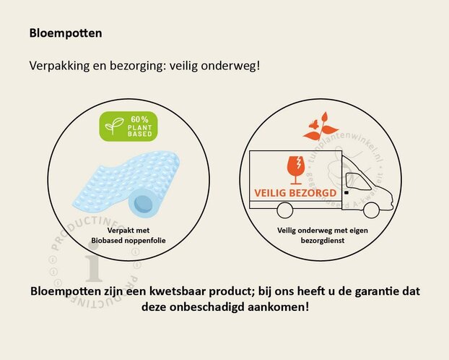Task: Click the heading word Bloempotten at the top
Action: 66,33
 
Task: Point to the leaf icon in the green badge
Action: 115,127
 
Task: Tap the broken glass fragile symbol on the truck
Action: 296,166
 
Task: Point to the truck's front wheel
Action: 371,210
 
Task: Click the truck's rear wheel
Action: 284,210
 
